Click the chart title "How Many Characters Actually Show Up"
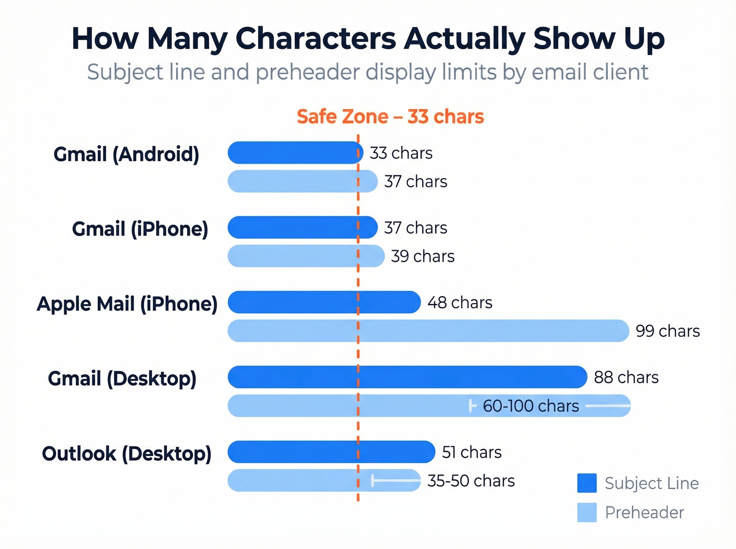click(368, 39)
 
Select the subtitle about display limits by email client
click(367, 72)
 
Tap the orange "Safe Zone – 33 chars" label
click(390, 117)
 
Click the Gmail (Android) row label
click(126, 154)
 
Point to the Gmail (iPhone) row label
click(140, 229)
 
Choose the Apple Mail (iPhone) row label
click(127, 304)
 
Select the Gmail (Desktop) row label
click(122, 378)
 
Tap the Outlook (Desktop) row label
click(126, 453)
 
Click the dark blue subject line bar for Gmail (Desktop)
click(407, 377)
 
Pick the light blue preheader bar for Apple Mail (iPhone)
click(428, 331)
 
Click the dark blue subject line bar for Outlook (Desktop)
click(331, 452)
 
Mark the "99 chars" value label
click(668, 331)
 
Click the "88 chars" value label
click(626, 377)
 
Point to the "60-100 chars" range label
click(531, 406)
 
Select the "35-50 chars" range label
click(471, 481)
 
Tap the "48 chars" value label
click(460, 303)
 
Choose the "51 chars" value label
click(472, 452)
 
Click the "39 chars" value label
click(423, 256)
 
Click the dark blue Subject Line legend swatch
click(587, 483)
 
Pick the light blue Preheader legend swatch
click(587, 512)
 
